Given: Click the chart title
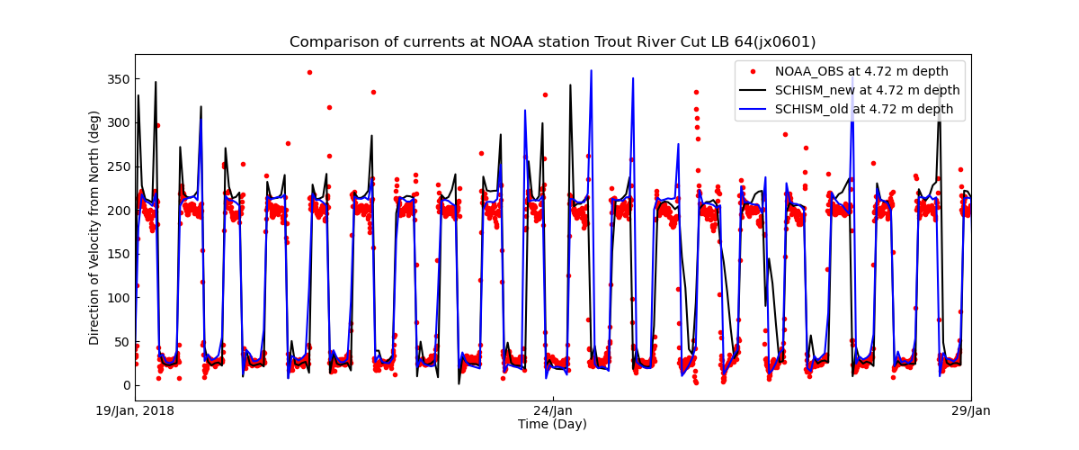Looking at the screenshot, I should pyautogui.click(x=552, y=42).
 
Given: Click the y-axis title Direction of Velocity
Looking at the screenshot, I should pyautogui.click(x=94, y=228).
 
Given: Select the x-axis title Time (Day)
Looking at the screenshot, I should pyautogui.click(x=552, y=424).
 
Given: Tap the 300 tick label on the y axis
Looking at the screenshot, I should pyautogui.click(x=118, y=122).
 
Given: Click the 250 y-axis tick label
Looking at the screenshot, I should pyautogui.click(x=118, y=166).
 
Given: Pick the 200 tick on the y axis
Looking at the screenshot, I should pyautogui.click(x=118, y=211).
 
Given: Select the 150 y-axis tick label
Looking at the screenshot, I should pyautogui.click(x=118, y=254).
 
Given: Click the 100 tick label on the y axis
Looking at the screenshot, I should pyautogui.click(x=118, y=298).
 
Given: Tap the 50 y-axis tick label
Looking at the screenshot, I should pyautogui.click(x=121, y=342).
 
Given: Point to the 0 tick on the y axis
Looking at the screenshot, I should pyautogui.click(x=125, y=385).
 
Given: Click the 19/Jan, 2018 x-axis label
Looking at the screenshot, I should pyautogui.click(x=136, y=411).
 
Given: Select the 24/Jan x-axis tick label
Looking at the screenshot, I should pyautogui.click(x=553, y=411).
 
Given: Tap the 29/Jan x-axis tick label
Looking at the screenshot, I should pyautogui.click(x=970, y=411).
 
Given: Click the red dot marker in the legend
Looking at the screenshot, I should pyautogui.click(x=754, y=71).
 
